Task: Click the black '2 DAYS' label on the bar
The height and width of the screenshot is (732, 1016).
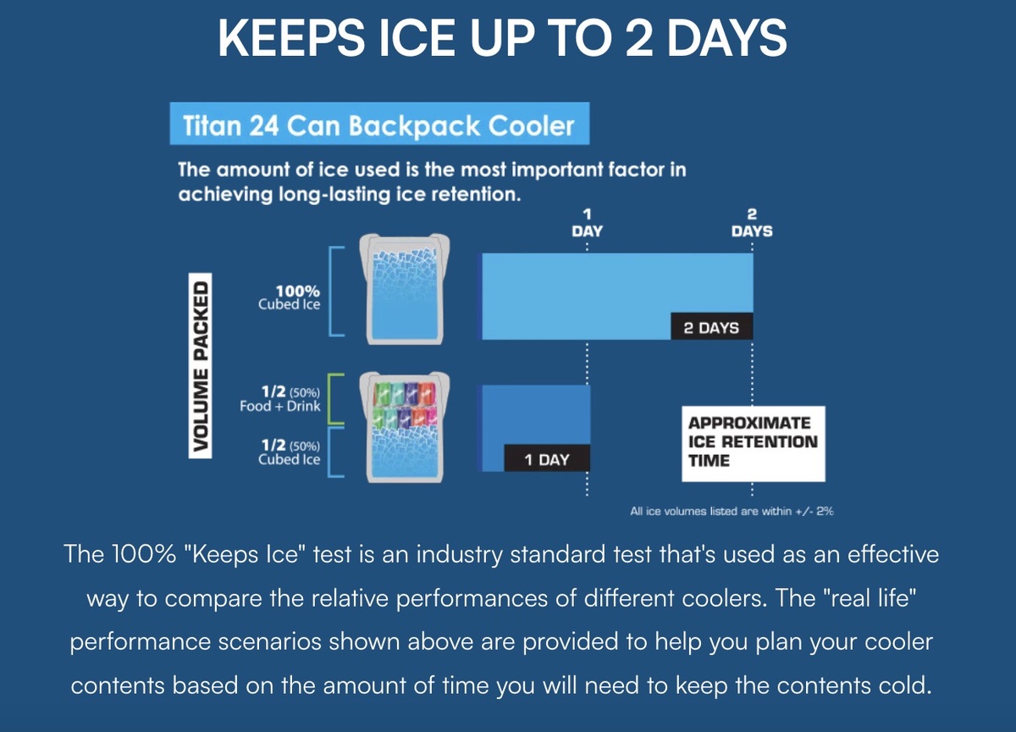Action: (712, 326)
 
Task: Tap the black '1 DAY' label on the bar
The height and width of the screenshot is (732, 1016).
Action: (547, 458)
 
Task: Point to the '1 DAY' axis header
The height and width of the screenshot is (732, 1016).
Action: (587, 223)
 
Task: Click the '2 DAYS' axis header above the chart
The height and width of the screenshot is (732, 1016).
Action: (752, 223)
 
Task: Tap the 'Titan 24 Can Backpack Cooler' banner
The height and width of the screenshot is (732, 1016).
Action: (379, 124)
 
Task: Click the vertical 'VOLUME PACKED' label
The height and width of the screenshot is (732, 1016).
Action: (200, 366)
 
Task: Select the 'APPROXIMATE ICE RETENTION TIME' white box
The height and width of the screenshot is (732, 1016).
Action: (754, 443)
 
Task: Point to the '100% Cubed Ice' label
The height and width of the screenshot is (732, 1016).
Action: (290, 297)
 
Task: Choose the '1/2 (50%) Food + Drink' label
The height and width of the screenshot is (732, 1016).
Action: (280, 398)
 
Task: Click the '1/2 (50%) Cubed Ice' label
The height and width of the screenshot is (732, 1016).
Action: (290, 452)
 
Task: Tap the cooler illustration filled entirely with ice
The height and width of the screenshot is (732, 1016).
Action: (405, 289)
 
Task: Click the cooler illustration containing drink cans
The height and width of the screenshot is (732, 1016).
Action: (405, 428)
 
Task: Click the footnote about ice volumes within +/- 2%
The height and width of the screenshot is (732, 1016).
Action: (732, 512)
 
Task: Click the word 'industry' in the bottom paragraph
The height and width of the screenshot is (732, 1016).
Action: (459, 555)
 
